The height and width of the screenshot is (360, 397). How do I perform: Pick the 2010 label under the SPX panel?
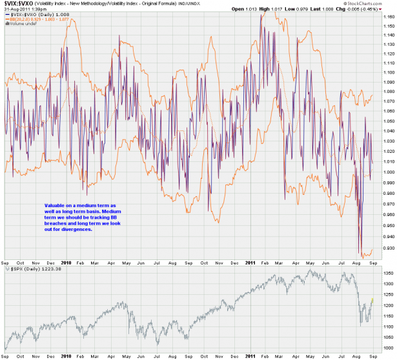[x=65, y=355]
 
